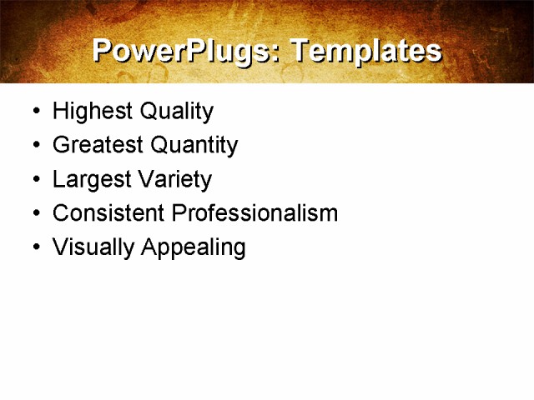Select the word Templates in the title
365,51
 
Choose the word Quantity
194,146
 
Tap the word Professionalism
254,213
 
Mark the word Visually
93,247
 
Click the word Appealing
194,247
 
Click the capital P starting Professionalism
179,213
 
